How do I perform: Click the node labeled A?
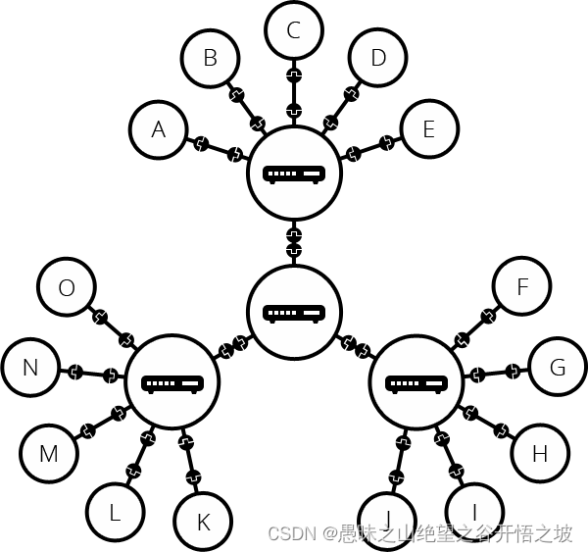click(x=159, y=129)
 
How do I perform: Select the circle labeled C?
click(x=293, y=30)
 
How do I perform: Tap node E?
click(x=430, y=129)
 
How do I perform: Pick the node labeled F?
click(x=521, y=287)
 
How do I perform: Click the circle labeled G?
click(x=558, y=368)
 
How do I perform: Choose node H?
click(x=538, y=453)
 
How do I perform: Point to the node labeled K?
click(x=203, y=522)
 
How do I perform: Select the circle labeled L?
click(x=115, y=511)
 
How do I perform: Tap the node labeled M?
click(x=49, y=454)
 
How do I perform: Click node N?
click(x=30, y=368)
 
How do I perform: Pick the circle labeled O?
click(x=67, y=287)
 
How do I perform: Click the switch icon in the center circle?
click(x=294, y=313)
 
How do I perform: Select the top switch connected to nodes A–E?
click(x=294, y=174)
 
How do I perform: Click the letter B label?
click(x=210, y=58)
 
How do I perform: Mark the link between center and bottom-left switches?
click(x=233, y=347)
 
